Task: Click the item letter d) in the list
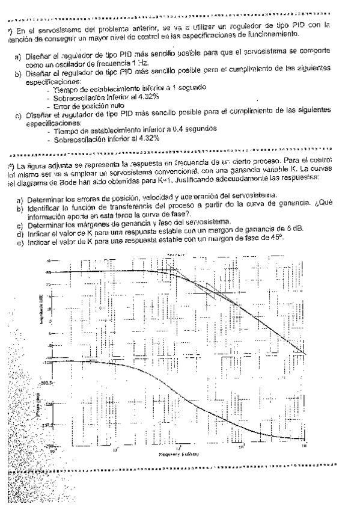[x=20, y=228]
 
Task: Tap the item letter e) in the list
[x=20, y=235]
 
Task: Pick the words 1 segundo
[x=188, y=87]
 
